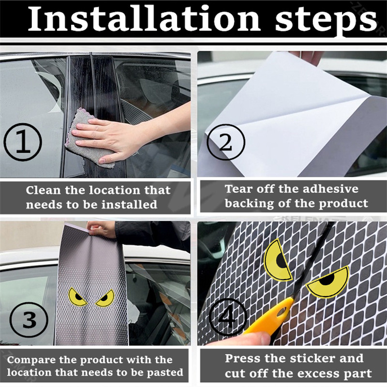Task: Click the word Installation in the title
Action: [144, 19]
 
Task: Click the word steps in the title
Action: [326, 21]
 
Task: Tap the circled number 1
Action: [23, 142]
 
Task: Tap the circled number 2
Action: [226, 142]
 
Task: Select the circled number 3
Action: [29, 320]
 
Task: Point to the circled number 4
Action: [228, 317]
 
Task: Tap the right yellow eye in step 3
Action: [105, 298]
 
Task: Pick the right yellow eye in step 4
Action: [327, 282]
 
